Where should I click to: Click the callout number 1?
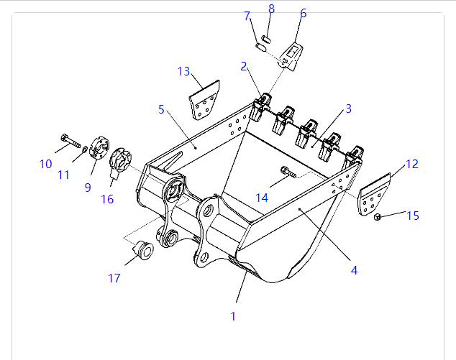coord(232,315)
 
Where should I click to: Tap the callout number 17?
coord(114,278)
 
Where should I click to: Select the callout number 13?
coord(184,71)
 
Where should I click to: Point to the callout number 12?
coord(411,164)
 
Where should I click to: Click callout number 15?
coord(413,215)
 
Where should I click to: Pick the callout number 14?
coord(262,197)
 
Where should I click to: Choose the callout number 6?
coord(303,13)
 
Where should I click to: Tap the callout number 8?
coord(271,9)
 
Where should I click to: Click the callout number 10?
coord(46,164)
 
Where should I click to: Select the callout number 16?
coord(107,199)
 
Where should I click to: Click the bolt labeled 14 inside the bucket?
coord(287,172)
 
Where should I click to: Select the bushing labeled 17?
coord(142,250)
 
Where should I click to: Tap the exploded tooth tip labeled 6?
coord(292,55)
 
